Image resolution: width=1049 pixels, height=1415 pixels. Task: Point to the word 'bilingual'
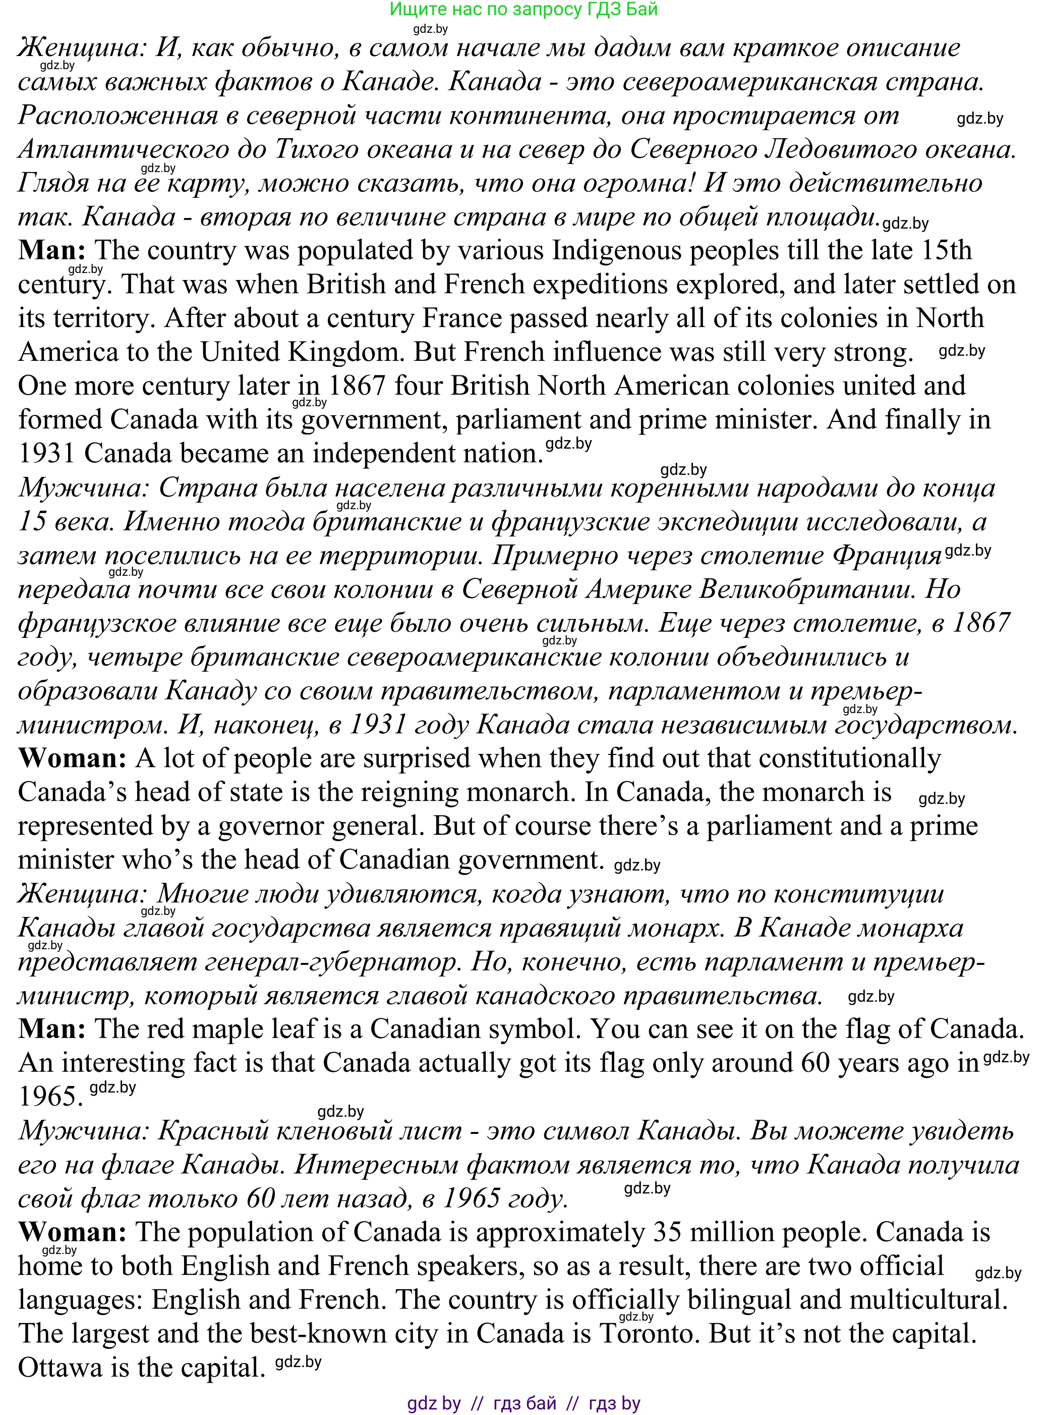(x=738, y=1300)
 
